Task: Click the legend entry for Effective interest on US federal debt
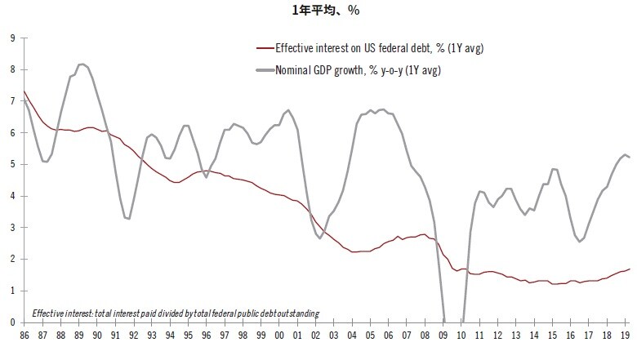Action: click(379, 49)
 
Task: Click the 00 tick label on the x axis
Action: click(280, 336)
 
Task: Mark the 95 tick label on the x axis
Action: click(188, 336)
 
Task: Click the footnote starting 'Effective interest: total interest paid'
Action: click(176, 313)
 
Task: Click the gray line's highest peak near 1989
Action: click(82, 64)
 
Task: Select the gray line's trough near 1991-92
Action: click(127, 218)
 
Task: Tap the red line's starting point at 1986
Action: click(23, 91)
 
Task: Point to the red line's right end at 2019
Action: click(629, 269)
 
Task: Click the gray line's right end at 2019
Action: click(629, 158)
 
